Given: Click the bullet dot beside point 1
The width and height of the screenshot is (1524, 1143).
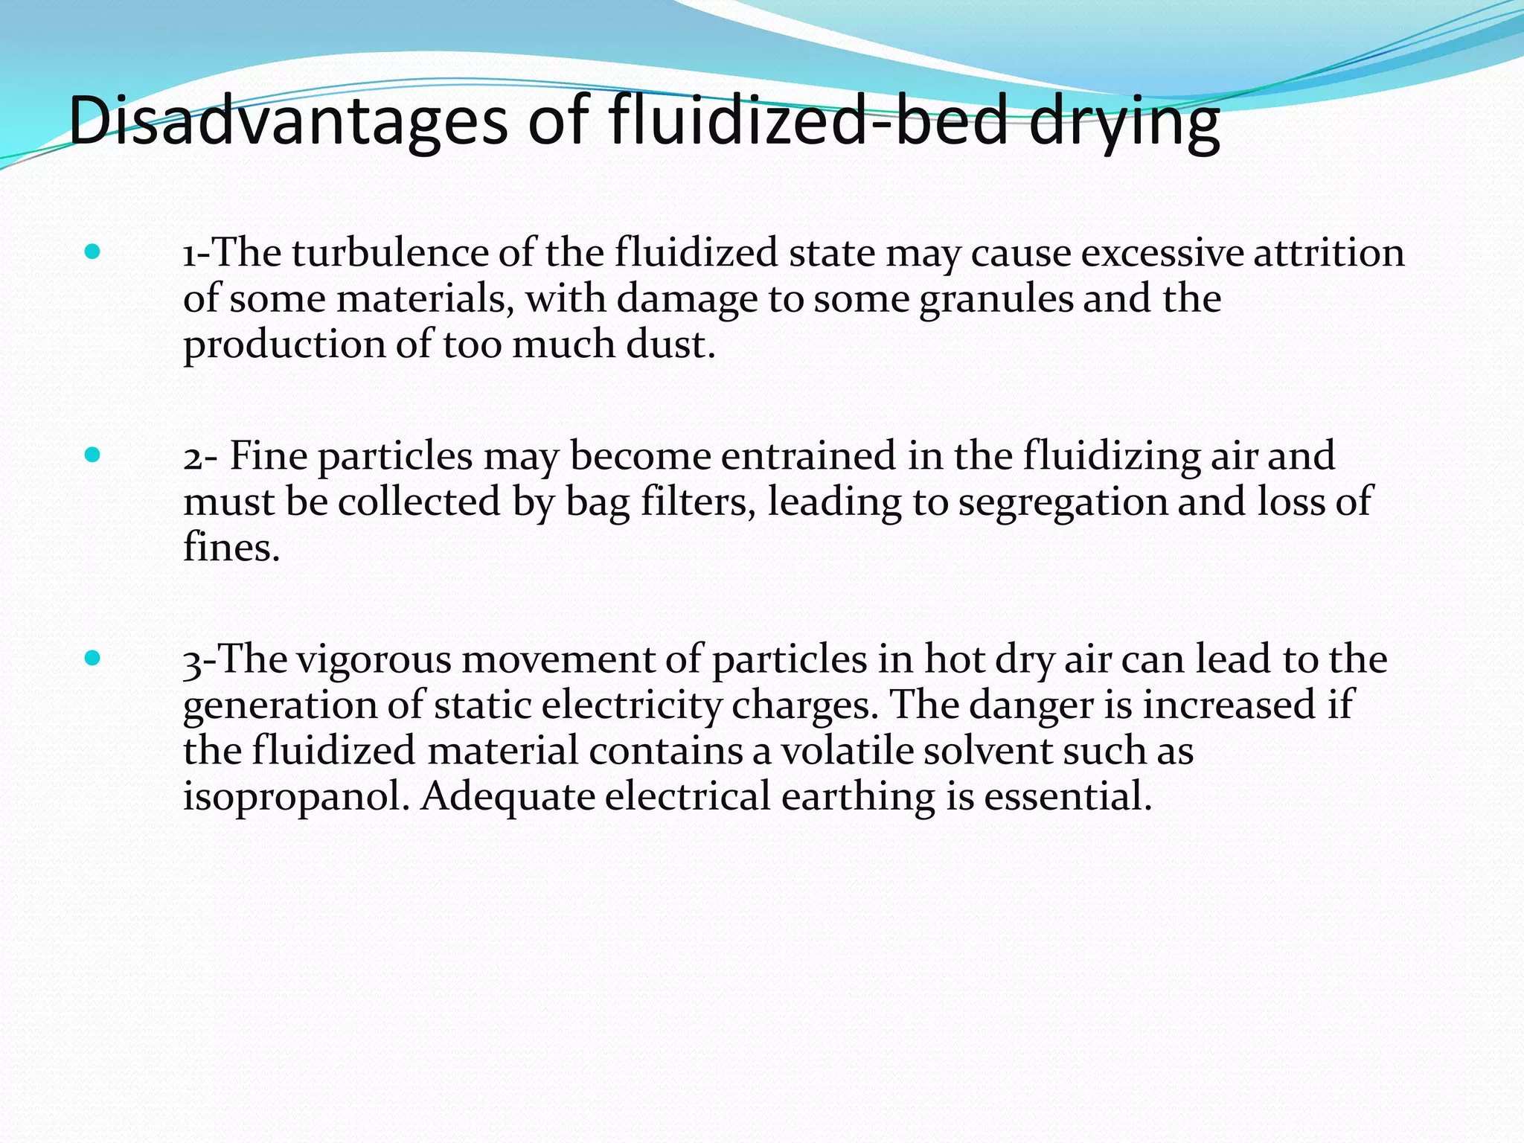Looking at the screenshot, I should (92, 252).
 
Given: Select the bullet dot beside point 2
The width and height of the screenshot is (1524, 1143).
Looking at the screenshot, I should (92, 455).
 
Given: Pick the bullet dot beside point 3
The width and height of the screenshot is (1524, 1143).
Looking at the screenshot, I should (92, 658).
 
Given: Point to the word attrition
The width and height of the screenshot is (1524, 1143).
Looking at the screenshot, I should (1328, 252).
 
